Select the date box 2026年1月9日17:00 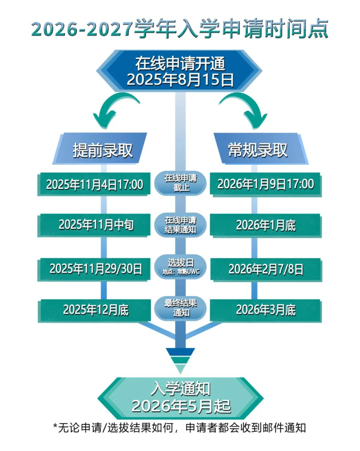coord(266,185)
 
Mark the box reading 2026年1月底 coord(266,225)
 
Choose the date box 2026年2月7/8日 coord(266,269)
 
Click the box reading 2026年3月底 coord(266,310)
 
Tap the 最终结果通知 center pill coord(180,308)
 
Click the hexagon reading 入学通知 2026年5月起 coord(180,398)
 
